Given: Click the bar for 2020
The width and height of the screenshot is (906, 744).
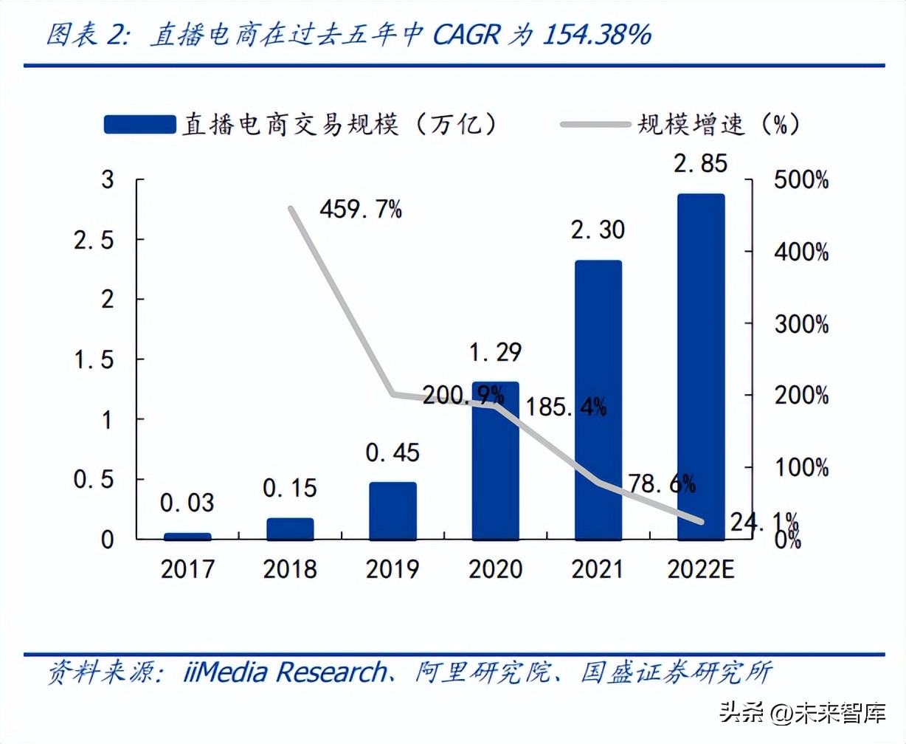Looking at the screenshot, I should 495,461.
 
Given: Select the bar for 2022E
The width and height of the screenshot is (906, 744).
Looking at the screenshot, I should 701,367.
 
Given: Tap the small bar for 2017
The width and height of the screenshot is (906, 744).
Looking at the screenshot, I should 187,536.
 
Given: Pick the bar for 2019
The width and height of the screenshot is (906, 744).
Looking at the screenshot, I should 393,511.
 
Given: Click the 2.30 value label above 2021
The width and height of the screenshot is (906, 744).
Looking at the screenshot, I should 598,230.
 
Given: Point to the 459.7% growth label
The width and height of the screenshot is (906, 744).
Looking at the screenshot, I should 361,210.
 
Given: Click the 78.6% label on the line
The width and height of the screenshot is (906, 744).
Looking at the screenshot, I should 662,483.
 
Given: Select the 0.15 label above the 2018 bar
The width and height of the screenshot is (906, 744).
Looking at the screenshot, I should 290,488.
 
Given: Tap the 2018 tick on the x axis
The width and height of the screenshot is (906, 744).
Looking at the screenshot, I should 290,569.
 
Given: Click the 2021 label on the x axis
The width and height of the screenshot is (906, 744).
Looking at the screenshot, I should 598,569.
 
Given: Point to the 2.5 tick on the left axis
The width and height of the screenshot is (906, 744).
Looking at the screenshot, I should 94,240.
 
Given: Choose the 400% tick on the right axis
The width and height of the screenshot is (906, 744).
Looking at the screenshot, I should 801,252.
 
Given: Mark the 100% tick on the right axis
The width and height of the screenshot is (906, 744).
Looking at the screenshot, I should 801,467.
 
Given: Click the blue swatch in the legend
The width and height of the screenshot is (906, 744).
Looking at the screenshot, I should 139,125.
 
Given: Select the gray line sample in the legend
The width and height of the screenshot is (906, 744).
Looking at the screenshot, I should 595,125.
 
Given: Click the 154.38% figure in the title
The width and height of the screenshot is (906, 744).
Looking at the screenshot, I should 597,35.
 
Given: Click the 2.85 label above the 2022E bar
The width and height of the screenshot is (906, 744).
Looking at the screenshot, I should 701,164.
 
